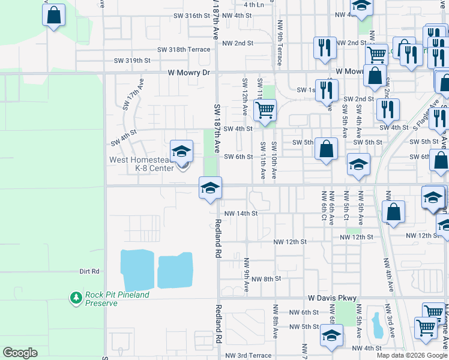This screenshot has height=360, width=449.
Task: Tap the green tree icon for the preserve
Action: (x=76, y=298)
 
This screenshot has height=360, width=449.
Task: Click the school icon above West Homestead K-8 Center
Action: (x=181, y=151)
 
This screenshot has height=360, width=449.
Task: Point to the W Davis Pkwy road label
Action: (x=333, y=298)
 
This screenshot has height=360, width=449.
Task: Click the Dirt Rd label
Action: (x=89, y=271)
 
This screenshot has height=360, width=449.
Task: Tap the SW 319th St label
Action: (x=132, y=61)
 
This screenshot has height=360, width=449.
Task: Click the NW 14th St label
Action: (x=241, y=213)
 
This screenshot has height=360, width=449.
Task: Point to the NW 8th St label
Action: (x=266, y=279)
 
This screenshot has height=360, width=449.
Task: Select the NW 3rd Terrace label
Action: (x=249, y=356)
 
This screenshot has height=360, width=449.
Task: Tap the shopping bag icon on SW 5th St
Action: (x=326, y=150)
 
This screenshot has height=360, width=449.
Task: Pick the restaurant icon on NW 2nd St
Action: (x=325, y=48)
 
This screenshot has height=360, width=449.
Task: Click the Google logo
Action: (x=20, y=353)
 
